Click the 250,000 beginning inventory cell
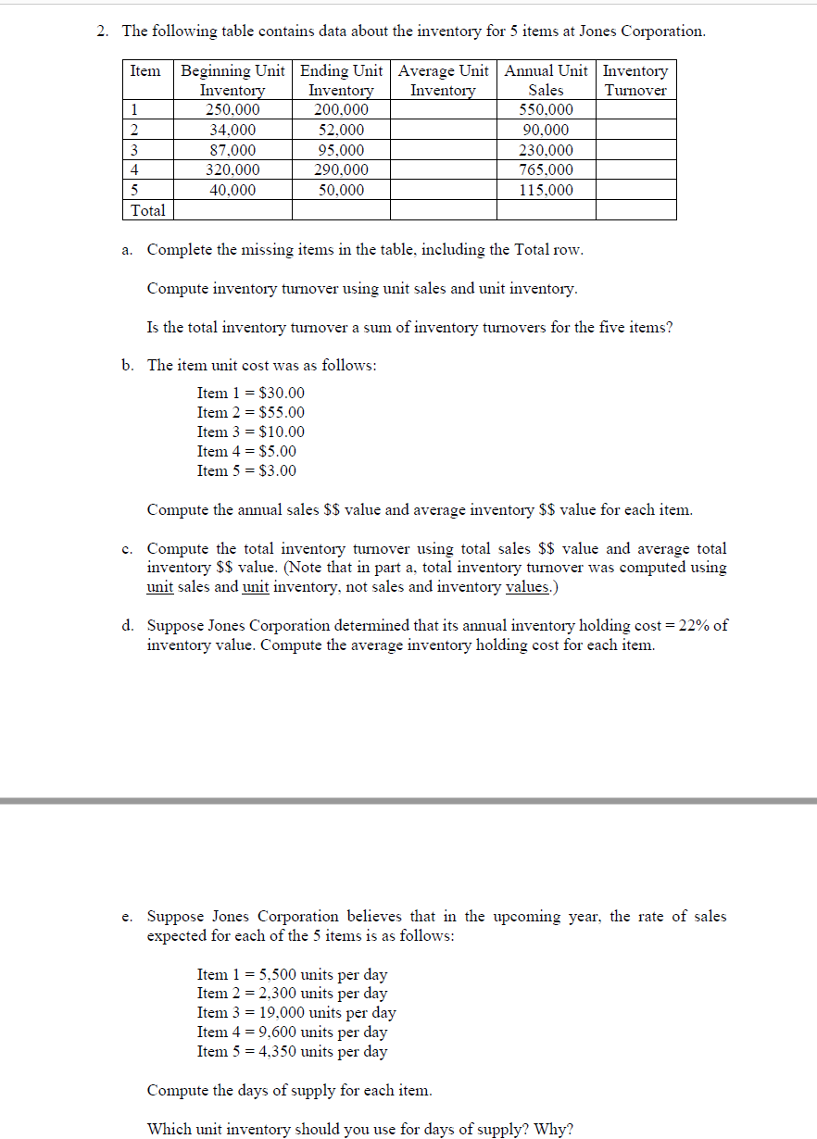(232, 109)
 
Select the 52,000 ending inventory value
(340, 130)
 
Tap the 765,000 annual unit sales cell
(545, 170)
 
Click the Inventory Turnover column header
(635, 81)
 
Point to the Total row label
(148, 210)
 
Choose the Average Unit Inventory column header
(443, 81)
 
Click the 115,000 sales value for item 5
(545, 190)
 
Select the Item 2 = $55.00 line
(250, 412)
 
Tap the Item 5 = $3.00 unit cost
(246, 470)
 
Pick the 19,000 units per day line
(296, 1012)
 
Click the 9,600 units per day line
(293, 1032)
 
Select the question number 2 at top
(103, 31)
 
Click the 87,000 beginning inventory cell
(232, 150)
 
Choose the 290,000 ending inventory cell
(340, 170)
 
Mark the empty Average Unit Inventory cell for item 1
(443, 109)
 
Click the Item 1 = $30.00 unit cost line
(250, 393)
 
